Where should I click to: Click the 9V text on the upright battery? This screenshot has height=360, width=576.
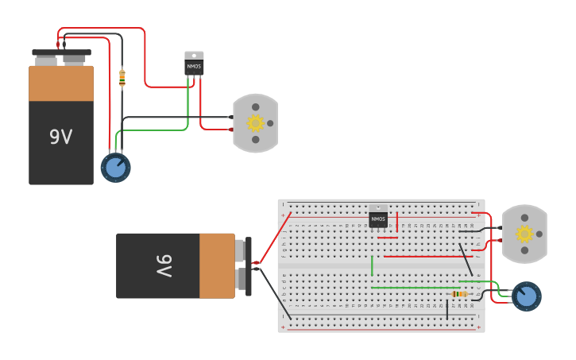60,137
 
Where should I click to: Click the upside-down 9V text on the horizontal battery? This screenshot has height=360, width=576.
163,265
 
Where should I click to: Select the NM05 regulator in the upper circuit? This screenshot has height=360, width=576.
194,64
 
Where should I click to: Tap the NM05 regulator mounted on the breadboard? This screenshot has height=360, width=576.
378,217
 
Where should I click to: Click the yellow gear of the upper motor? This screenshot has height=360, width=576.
255,123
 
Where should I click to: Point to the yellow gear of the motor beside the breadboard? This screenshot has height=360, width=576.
524,234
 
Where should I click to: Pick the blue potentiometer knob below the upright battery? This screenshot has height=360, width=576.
115,168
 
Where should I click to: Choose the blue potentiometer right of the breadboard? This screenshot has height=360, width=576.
526,296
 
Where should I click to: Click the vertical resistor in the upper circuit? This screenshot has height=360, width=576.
122,78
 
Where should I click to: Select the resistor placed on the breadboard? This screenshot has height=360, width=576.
459,294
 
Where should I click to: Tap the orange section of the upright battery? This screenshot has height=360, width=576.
61,83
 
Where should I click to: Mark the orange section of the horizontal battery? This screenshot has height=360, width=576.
217,265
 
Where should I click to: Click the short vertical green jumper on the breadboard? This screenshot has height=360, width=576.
372,265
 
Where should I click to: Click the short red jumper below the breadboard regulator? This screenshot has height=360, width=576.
388,237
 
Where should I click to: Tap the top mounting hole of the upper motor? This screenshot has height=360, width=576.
255,106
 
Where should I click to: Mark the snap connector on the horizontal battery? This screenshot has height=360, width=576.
249,266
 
